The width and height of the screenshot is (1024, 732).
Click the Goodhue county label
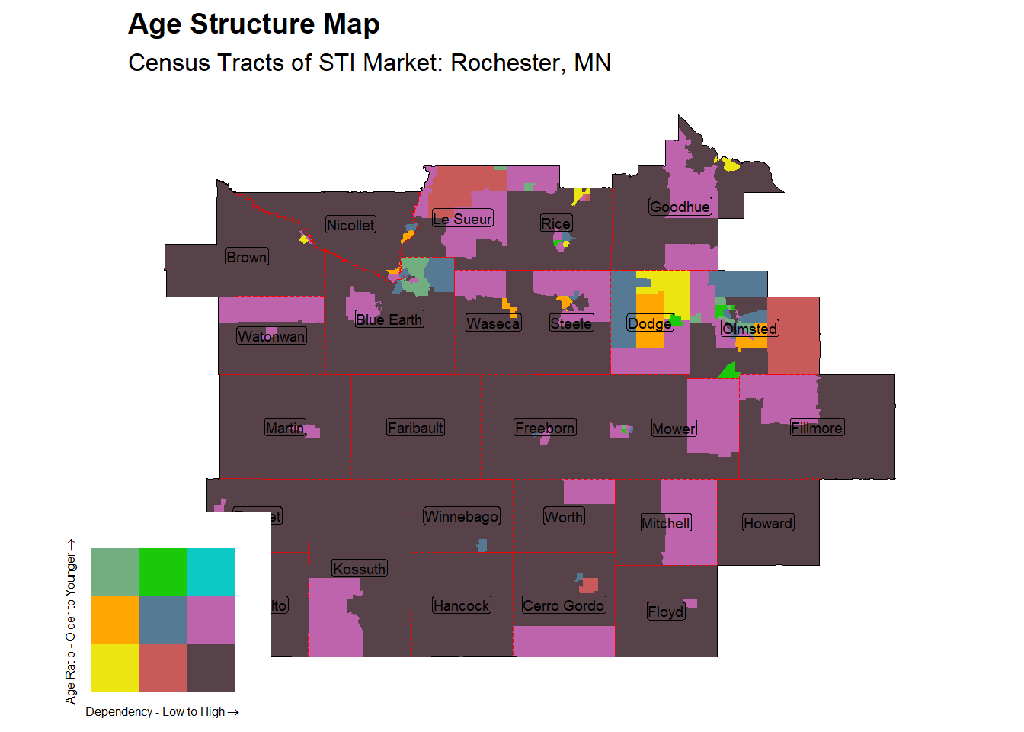click(x=680, y=207)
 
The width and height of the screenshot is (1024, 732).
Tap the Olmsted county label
click(x=750, y=329)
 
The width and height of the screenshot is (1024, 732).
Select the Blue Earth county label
click(x=389, y=319)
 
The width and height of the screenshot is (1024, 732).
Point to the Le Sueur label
click(x=462, y=219)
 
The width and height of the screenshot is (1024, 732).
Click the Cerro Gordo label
click(x=564, y=605)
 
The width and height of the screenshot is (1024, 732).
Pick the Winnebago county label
click(x=461, y=516)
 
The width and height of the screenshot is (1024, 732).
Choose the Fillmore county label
click(x=817, y=428)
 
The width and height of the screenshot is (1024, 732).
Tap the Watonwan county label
click(x=271, y=336)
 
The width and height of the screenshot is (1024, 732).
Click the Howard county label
click(x=768, y=523)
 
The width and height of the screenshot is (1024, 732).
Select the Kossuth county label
click(x=360, y=569)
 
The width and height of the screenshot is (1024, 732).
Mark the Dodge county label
click(x=650, y=323)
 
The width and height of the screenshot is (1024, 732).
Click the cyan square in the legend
click(x=211, y=572)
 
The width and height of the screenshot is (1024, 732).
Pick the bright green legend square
click(x=163, y=572)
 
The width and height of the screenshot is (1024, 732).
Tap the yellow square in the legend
click(x=115, y=668)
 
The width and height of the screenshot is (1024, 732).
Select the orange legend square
click(x=115, y=620)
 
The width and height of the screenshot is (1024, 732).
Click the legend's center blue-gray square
click(x=163, y=620)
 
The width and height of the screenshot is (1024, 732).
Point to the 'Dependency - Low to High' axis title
click(x=162, y=711)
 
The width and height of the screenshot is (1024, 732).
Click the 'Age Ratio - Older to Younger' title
click(x=71, y=621)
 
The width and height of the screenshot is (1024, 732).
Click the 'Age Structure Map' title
click(x=254, y=24)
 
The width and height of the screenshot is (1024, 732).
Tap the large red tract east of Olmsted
click(x=793, y=335)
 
